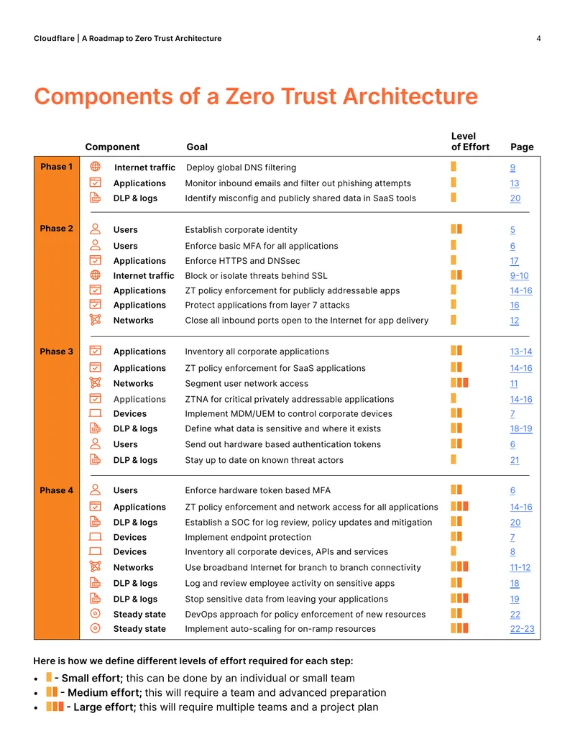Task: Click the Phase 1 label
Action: click(x=57, y=167)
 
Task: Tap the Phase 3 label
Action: click(x=57, y=352)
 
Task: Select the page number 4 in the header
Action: click(x=538, y=38)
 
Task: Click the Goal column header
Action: click(x=197, y=147)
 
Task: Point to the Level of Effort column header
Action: click(x=470, y=142)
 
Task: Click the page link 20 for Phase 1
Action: click(x=515, y=198)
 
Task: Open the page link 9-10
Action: click(x=520, y=276)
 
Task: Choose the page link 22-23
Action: click(x=522, y=629)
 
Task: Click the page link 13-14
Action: click(x=521, y=352)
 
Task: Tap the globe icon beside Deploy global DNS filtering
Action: click(x=96, y=167)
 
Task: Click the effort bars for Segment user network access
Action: click(x=459, y=382)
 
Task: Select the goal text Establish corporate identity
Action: click(x=241, y=229)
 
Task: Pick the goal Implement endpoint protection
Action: click(x=248, y=537)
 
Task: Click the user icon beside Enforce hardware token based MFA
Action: click(x=96, y=490)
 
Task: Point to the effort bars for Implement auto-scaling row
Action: click(x=459, y=628)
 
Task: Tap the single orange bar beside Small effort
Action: click(x=49, y=677)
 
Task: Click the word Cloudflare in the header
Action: click(x=54, y=38)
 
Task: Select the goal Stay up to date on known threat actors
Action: click(x=264, y=460)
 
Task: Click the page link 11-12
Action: click(x=520, y=567)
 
